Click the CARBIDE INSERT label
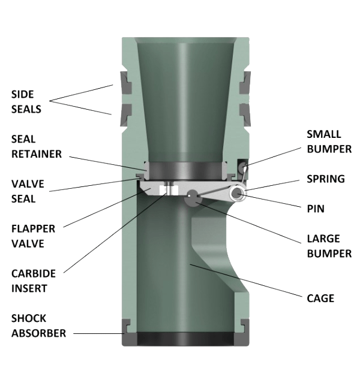(x=33, y=280)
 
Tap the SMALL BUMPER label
(x=329, y=140)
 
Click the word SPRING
(x=325, y=179)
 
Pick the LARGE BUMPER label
(x=329, y=246)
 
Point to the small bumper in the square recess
(x=242, y=165)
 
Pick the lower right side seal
(x=244, y=110)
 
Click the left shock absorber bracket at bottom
(x=127, y=326)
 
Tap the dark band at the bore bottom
(x=184, y=338)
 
